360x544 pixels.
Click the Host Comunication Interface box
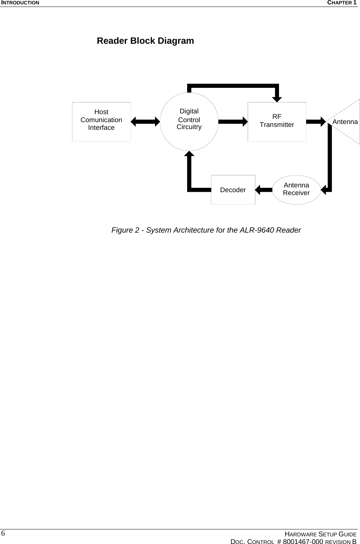pyautogui.click(x=101, y=121)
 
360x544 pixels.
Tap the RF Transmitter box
pyautogui.click(x=277, y=121)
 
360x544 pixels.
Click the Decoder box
pyautogui.click(x=233, y=190)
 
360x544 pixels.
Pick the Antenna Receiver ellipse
pyautogui.click(x=297, y=189)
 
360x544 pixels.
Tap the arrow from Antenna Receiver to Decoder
pyautogui.click(x=264, y=189)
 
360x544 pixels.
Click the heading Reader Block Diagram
pyautogui.click(x=145, y=41)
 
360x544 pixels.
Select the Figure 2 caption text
pyautogui.click(x=206, y=230)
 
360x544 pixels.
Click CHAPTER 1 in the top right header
pyautogui.click(x=341, y=3)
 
